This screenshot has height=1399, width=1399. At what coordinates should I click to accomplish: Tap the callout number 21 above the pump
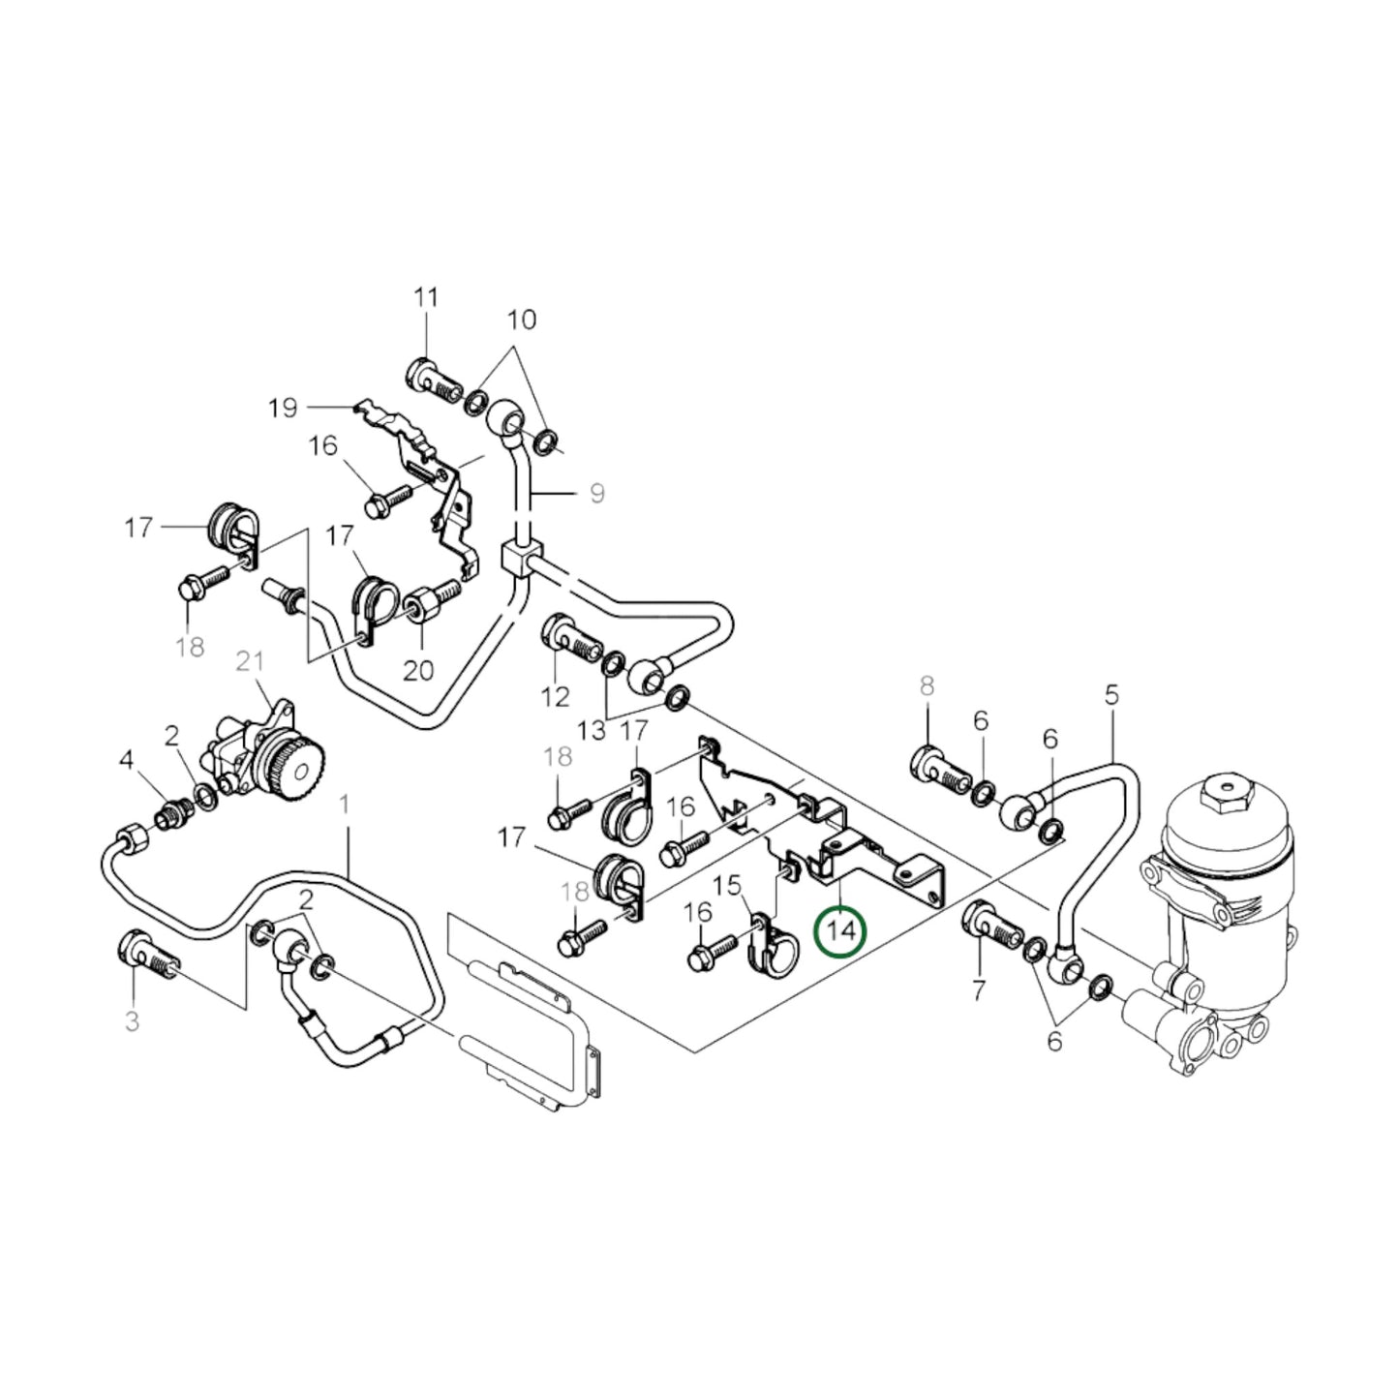click(x=250, y=662)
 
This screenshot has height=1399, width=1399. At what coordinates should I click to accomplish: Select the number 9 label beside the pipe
click(x=596, y=494)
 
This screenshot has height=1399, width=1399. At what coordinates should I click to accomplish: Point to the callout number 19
click(x=283, y=409)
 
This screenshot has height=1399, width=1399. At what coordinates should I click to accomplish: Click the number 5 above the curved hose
click(x=1111, y=694)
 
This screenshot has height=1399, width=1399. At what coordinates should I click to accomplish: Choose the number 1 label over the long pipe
click(x=346, y=805)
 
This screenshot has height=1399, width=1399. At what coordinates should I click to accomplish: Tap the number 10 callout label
click(x=521, y=319)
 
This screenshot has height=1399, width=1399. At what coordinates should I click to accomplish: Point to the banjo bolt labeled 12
click(x=568, y=636)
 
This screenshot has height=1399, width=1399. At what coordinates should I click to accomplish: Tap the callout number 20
click(x=418, y=670)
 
